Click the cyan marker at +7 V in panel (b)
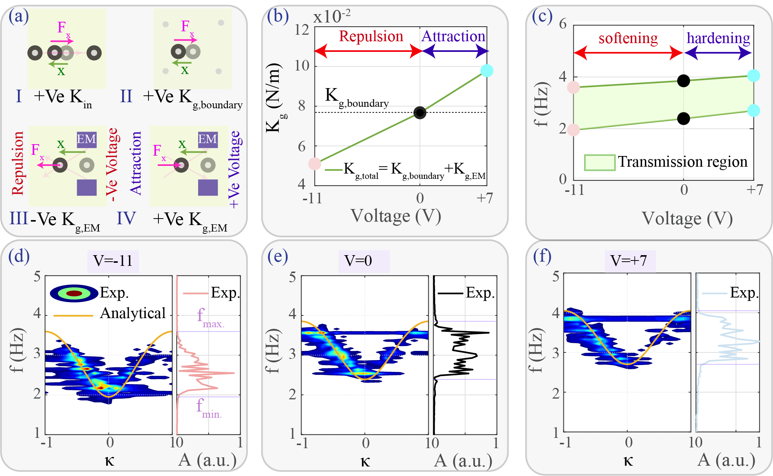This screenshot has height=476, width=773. point(487,71)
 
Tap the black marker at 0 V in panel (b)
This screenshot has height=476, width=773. point(420,113)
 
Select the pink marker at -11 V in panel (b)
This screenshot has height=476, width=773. point(315,164)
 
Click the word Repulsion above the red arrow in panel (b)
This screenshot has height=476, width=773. point(371,36)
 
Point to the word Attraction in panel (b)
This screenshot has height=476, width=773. point(453,36)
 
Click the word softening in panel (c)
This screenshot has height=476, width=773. point(628,38)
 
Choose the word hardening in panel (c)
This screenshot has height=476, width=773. point(718,38)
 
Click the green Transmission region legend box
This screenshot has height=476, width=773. point(599,162)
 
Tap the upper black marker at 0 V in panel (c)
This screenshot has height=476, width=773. point(683,81)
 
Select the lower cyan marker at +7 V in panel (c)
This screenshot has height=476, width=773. point(754,111)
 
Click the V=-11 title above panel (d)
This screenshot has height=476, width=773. point(113,261)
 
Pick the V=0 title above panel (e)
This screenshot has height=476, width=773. point(358,261)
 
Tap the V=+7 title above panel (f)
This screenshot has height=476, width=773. point(629,261)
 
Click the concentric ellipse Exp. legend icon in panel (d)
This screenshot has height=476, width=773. point(74,293)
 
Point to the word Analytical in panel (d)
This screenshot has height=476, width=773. point(132,313)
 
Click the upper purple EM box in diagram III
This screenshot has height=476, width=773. point(86,139)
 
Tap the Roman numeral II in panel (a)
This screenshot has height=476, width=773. point(126,96)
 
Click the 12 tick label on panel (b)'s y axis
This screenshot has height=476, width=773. point(302,29)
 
